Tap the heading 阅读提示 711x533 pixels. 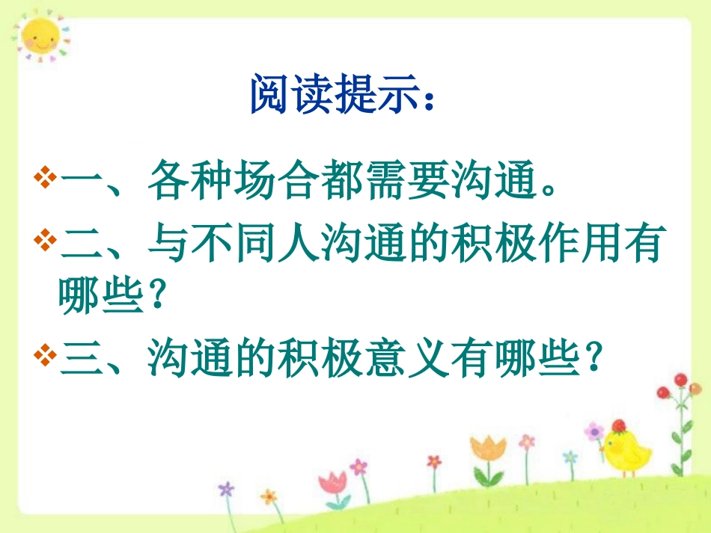[x=341, y=95]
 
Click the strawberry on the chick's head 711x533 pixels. [x=618, y=426]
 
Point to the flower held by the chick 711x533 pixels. [x=594, y=432]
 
